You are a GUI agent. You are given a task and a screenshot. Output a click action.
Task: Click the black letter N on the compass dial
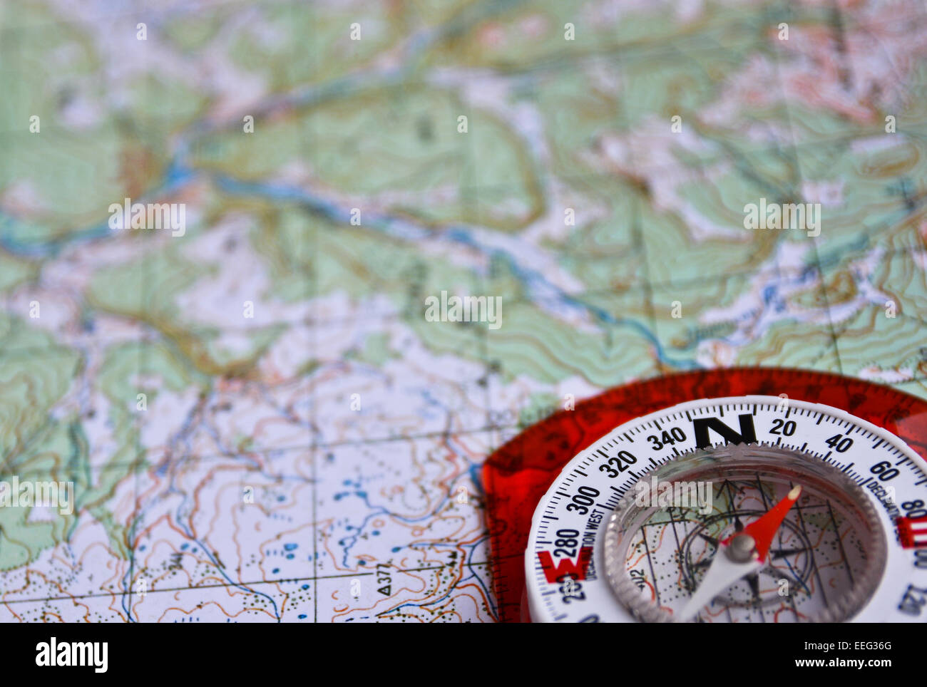point(724,430)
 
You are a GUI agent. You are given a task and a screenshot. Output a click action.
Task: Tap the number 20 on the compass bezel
point(783,428)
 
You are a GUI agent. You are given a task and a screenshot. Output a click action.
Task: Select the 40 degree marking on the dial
point(839,443)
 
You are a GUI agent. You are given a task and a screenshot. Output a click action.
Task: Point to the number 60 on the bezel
point(884,470)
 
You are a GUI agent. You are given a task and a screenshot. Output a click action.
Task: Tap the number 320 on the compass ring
point(618,463)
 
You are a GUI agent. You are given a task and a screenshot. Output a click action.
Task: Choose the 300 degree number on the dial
point(584,499)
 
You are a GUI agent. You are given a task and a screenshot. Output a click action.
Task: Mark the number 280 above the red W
point(567,544)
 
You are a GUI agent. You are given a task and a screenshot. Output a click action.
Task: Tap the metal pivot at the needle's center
point(742,547)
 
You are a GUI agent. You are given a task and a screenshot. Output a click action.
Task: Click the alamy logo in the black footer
point(71,654)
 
